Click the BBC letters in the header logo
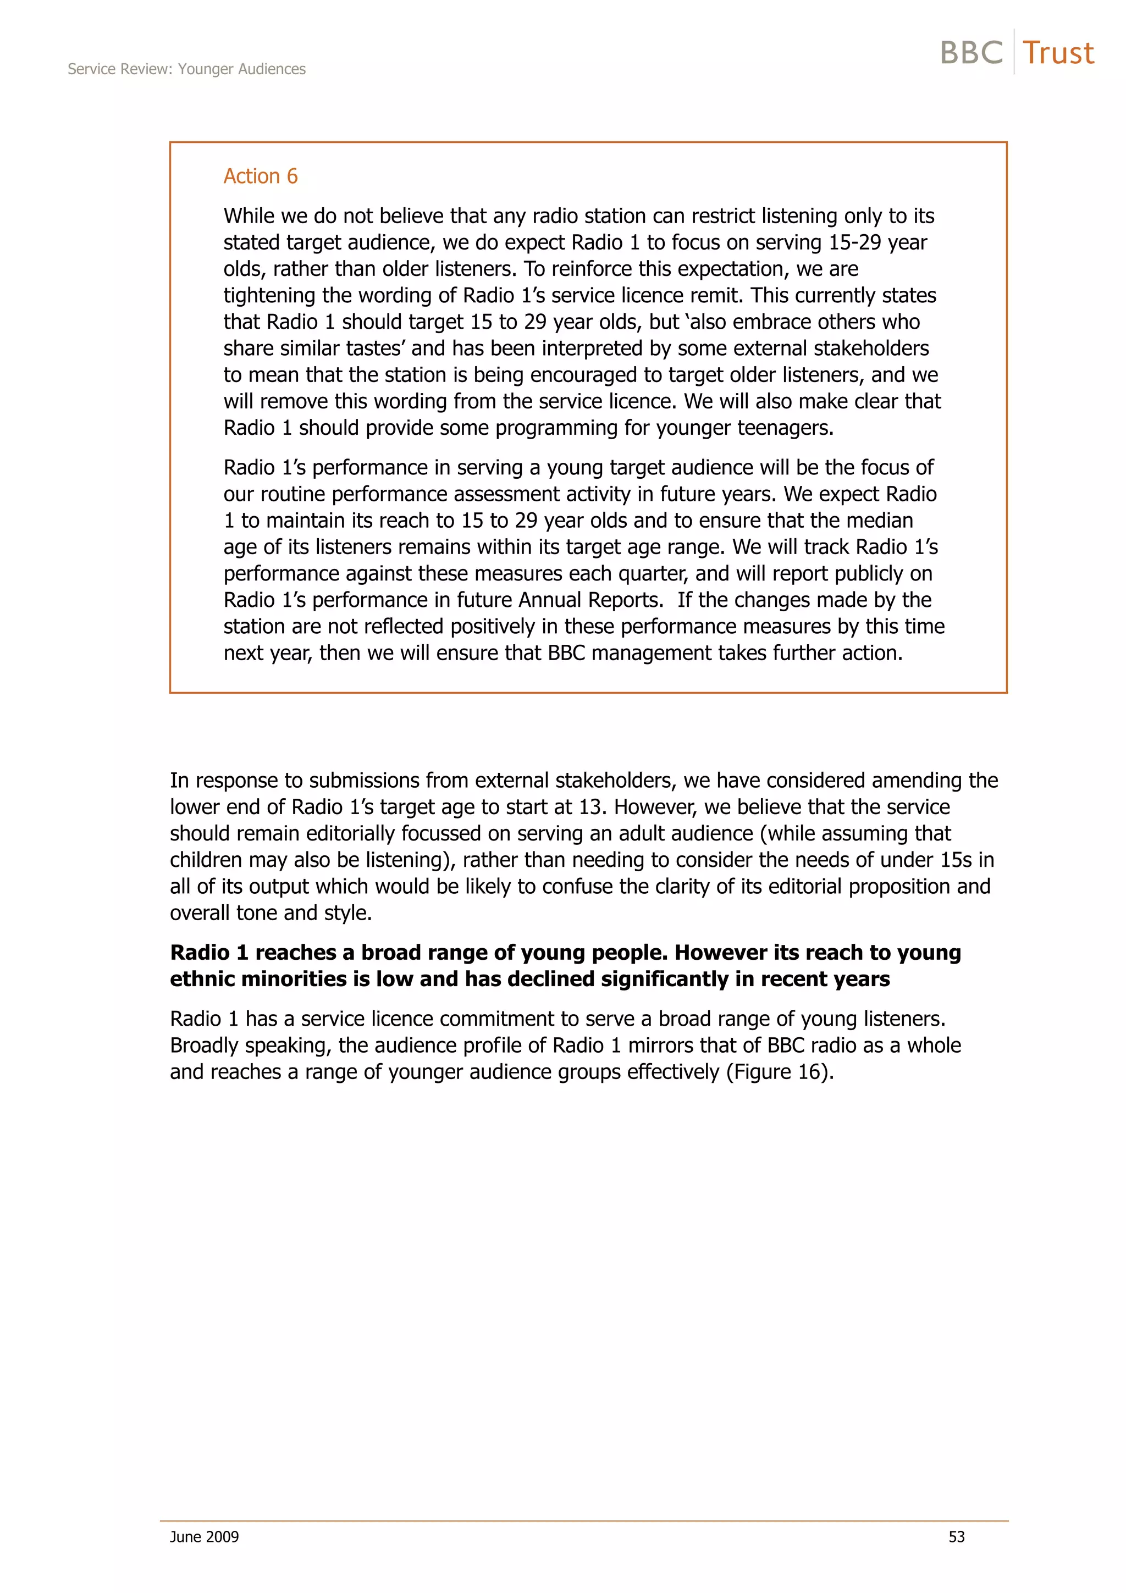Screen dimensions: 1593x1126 point(972,53)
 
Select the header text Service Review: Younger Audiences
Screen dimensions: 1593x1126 point(186,69)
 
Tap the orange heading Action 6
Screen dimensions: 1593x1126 point(260,176)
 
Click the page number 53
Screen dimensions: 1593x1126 point(956,1537)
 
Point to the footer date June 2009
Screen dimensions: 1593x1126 point(204,1537)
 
